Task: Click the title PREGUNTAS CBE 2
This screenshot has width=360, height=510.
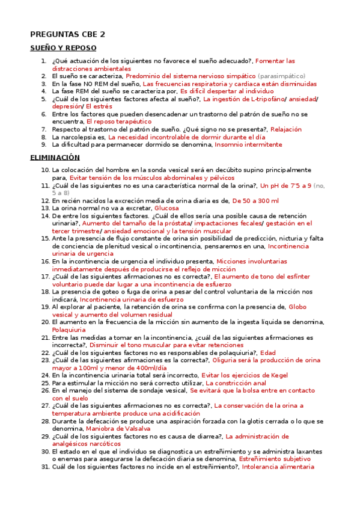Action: [67, 34]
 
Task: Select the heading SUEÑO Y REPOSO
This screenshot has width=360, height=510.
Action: [63, 48]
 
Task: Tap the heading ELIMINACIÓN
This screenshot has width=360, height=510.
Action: [55, 158]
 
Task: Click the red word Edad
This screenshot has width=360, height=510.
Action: [267, 352]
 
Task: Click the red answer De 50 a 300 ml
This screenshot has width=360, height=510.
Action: [255, 200]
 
